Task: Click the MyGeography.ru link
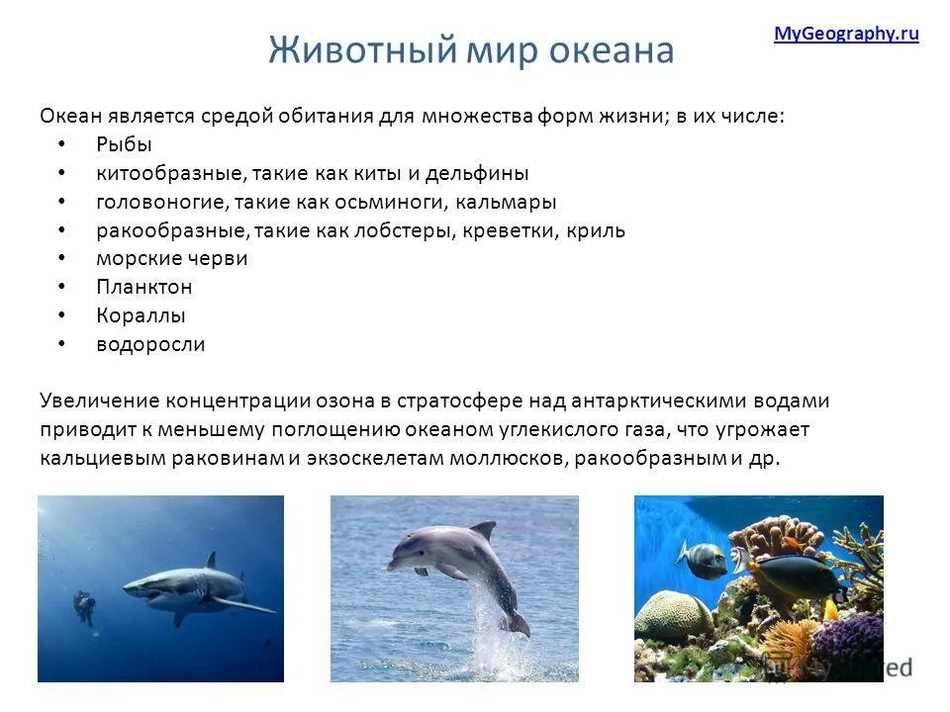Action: (x=846, y=34)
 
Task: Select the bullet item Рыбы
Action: (x=124, y=144)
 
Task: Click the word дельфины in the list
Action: (x=479, y=173)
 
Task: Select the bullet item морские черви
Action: (x=171, y=259)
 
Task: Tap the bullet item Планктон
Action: (x=143, y=288)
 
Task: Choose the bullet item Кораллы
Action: (x=141, y=316)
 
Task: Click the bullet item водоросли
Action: (x=150, y=345)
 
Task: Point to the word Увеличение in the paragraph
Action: (x=98, y=401)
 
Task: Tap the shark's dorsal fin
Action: (x=210, y=561)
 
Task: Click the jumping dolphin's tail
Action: (x=516, y=623)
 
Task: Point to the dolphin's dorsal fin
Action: (x=484, y=531)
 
